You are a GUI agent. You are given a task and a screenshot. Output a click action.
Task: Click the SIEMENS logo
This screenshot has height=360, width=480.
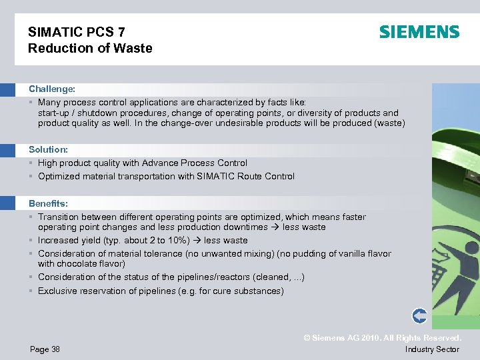coord(419,32)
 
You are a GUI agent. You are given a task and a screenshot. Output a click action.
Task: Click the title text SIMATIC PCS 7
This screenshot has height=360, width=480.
coord(77,32)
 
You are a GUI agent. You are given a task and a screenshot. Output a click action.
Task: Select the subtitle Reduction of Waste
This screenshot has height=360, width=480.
coord(90,48)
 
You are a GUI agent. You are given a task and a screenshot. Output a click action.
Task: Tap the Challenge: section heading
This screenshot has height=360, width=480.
coord(52,89)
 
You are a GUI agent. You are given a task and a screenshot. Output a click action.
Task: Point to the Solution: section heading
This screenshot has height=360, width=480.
coord(48,149)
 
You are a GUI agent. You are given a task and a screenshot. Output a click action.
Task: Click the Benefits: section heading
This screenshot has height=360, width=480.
coord(48,203)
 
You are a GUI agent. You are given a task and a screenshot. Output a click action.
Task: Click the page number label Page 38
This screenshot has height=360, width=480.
coord(44,349)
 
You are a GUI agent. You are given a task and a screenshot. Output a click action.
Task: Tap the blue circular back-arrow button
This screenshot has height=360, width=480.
coord(419,316)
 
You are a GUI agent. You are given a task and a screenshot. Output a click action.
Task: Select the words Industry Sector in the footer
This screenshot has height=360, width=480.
coord(432,349)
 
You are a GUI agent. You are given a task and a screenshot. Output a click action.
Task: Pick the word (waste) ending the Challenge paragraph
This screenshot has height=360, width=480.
coord(388,123)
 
